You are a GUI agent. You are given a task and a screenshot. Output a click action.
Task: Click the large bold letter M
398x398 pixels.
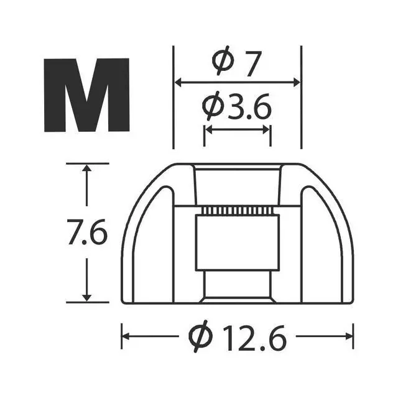pos(87,95)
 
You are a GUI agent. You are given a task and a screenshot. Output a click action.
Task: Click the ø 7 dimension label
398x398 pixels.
pos(236,61)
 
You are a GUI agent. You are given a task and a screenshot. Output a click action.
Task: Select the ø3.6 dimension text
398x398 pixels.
pos(236,106)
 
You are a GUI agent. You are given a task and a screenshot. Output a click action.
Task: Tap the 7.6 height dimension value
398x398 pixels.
pos(87,232)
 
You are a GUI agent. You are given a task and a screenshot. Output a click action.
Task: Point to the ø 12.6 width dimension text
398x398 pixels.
pos(238,337)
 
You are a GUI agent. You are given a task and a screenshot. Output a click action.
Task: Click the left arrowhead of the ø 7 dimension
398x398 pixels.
pos(178,82)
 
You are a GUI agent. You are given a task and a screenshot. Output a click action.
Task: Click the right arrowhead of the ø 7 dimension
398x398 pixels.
pos(297,82)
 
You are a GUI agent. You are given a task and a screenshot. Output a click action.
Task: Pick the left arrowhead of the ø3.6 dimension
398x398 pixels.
pos(209,130)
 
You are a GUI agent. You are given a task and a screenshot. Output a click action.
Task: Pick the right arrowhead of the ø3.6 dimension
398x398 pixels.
pos(266,130)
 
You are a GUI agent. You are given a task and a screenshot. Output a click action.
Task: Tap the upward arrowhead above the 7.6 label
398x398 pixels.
pos(87,168)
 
